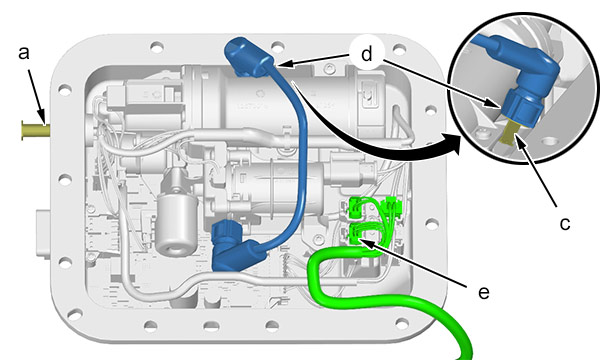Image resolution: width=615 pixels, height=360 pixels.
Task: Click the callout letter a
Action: coord(24,53)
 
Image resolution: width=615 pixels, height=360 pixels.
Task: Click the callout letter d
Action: coord(366,54)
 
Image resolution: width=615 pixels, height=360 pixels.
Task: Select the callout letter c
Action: coord(564,224)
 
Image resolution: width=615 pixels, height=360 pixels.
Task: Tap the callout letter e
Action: coord(484,293)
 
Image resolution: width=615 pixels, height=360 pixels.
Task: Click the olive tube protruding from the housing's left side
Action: coord(35,131)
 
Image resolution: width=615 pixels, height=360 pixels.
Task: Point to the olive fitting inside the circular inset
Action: coord(510,132)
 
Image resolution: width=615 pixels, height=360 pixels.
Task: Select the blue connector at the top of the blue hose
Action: coord(247,57)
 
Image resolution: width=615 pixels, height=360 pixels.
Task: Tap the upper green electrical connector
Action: coord(356,207)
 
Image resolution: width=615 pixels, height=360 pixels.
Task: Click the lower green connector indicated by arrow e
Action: coord(356,233)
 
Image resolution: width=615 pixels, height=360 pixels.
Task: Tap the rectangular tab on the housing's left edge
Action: coord(43,234)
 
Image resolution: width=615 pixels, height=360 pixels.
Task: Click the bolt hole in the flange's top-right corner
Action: coord(399,50)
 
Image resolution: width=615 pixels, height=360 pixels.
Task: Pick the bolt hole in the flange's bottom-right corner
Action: coord(402,324)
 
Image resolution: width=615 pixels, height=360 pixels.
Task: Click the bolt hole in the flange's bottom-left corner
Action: coord(75,314)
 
